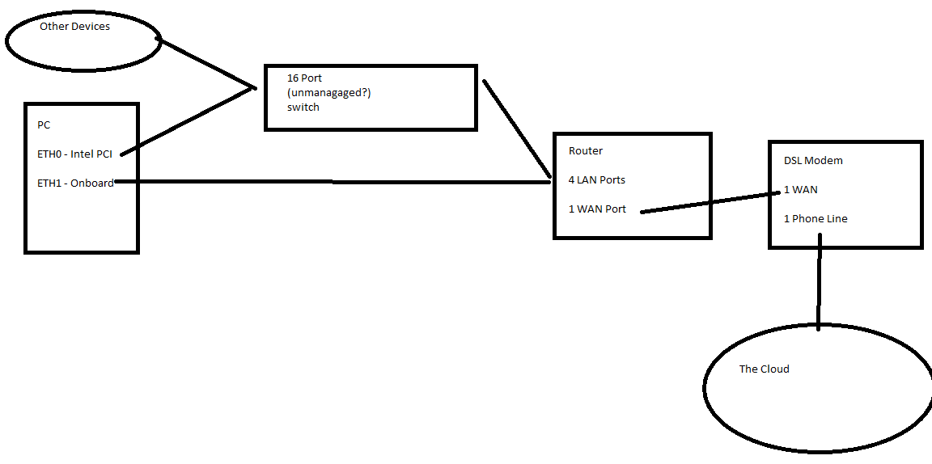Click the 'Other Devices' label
[x=74, y=27]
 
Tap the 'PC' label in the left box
[x=44, y=125]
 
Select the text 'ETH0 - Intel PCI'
[x=74, y=154]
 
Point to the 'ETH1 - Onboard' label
[x=75, y=183]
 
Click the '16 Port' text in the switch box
[x=304, y=78]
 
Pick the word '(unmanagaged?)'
[x=328, y=93]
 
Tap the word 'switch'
[x=303, y=107]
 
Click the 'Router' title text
[x=586, y=151]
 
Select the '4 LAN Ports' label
[x=597, y=179]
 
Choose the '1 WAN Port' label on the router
[x=597, y=209]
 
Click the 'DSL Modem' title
[x=813, y=161]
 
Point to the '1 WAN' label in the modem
[x=800, y=190]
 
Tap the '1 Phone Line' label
[x=815, y=219]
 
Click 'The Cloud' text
[x=764, y=369]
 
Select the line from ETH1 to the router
[x=332, y=182]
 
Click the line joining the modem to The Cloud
[x=819, y=283]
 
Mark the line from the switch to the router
[x=516, y=128]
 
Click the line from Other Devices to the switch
[x=206, y=62]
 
